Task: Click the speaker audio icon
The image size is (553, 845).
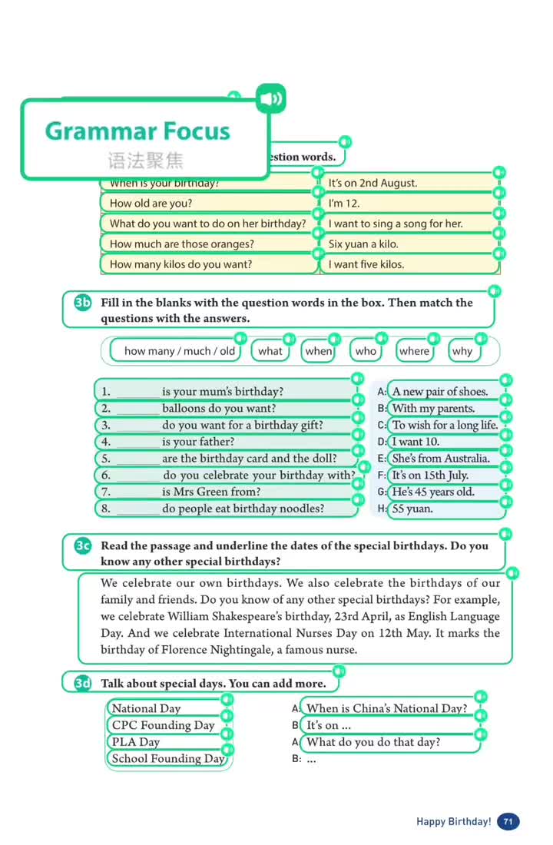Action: click(x=270, y=98)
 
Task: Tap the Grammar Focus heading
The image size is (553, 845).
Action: click(x=137, y=131)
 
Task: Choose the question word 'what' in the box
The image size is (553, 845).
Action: click(x=270, y=351)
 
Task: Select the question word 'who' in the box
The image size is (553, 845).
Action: click(x=366, y=351)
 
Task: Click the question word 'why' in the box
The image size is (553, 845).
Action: click(x=462, y=351)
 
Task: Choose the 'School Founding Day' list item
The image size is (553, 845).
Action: click(x=168, y=759)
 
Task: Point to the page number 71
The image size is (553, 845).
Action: click(x=508, y=821)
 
